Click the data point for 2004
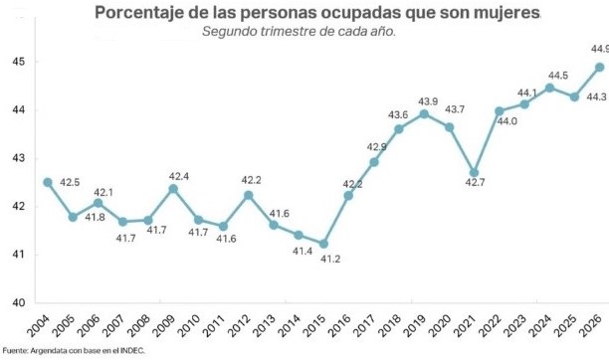[48, 182]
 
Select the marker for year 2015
[323, 244]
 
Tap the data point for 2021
[474, 172]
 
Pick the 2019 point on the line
[424, 113]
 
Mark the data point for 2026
[599, 68]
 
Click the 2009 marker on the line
[173, 189]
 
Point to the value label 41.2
[330, 259]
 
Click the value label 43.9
[428, 101]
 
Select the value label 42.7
[475, 182]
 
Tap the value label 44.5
[558, 76]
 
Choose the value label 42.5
[70, 182]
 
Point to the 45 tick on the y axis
[18, 62]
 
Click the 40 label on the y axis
[18, 302]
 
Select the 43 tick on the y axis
[18, 158]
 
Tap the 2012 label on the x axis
[239, 325]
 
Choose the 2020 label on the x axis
[439, 325]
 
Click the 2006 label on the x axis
[89, 325]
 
